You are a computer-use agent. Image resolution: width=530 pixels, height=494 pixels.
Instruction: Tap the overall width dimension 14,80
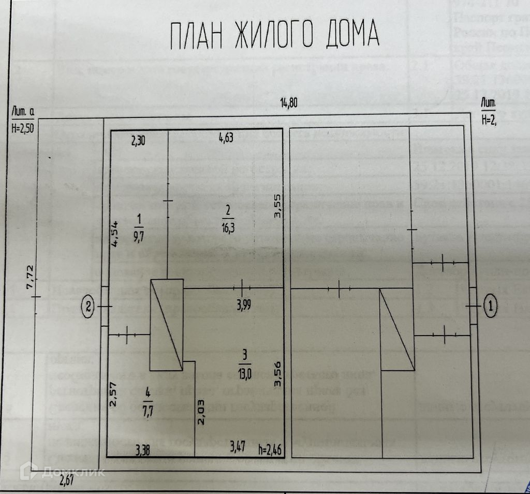tap(289, 103)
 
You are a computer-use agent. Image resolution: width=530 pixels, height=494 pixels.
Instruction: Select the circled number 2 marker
tap(89, 307)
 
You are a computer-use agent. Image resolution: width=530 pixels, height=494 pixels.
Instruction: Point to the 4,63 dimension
tap(227, 138)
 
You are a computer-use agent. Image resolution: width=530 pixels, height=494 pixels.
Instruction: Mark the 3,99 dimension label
tap(245, 304)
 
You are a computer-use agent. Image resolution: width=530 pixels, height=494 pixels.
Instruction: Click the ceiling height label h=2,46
tap(269, 449)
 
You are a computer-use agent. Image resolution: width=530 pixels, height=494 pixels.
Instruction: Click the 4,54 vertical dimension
tap(115, 235)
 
